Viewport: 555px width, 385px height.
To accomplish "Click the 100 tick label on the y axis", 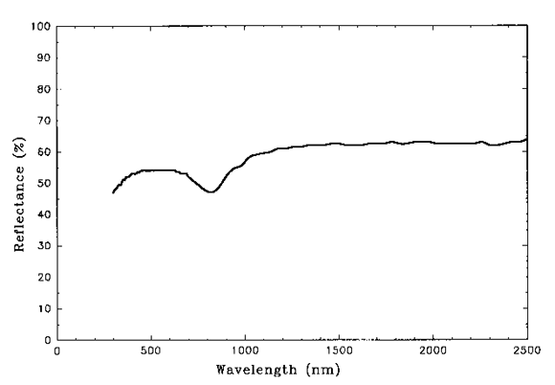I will point(39,26).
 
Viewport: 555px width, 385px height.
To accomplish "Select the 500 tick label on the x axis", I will point(151,351).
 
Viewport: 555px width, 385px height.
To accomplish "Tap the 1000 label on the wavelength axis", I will point(245,351).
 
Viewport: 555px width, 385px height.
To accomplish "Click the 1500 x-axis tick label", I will point(339,351).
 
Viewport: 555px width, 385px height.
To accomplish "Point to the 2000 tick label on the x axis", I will point(433,351).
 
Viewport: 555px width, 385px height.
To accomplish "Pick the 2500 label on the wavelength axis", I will point(525,351).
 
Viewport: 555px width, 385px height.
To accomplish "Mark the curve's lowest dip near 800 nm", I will point(211,192).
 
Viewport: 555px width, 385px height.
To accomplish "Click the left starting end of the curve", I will point(113,192).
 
